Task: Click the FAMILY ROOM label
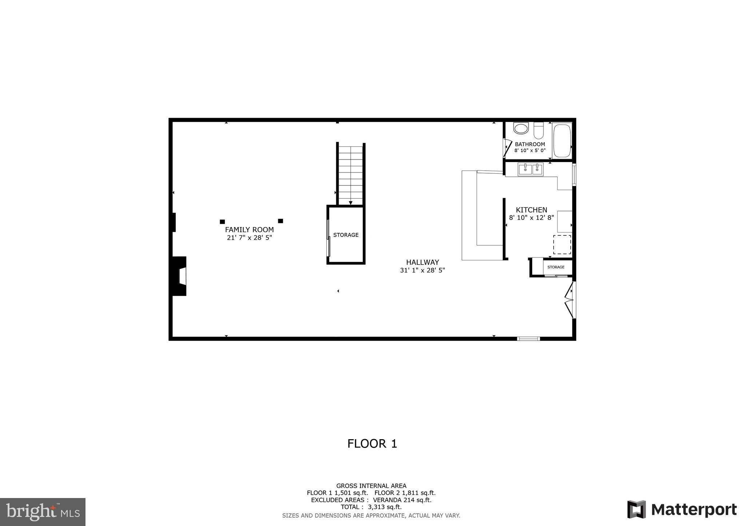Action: pos(249,230)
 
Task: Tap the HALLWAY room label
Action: pos(422,262)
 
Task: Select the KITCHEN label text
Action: pos(531,210)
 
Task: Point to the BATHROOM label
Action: pos(530,144)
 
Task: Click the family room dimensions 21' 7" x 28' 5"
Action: pos(249,238)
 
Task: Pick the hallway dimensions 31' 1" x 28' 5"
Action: pos(422,270)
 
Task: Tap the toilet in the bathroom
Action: pos(538,130)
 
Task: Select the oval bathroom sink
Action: pos(521,128)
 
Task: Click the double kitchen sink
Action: pos(530,169)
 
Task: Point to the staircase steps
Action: pos(350,174)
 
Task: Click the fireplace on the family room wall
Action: pos(180,276)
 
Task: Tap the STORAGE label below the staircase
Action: pos(346,235)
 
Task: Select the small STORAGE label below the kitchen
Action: pos(556,267)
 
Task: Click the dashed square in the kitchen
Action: pos(562,244)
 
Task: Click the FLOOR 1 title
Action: pos(372,444)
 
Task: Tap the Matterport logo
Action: pos(682,510)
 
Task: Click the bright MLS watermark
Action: pos(43,512)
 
